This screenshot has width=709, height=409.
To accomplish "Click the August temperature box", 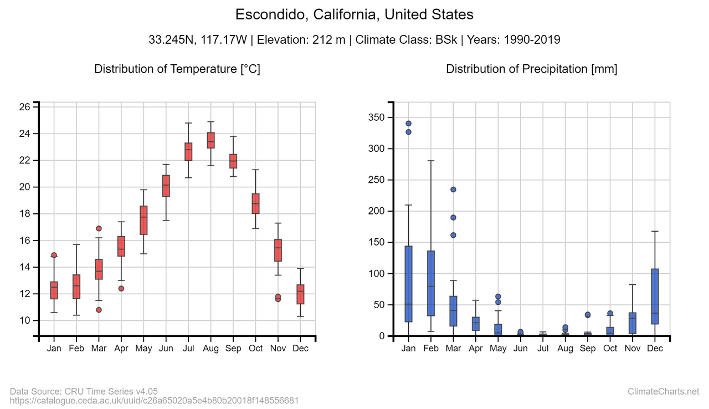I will (210, 140).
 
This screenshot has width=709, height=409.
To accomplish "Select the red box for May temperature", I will (143, 220).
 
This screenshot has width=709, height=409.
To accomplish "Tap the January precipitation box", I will (408, 284).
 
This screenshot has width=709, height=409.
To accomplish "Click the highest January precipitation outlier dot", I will (408, 124).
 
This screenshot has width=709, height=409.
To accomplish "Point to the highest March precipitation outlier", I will (453, 190).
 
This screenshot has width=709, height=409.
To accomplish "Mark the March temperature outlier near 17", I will (99, 228).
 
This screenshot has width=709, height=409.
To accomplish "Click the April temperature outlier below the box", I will (121, 288).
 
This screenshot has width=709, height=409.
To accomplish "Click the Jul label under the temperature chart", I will (188, 349).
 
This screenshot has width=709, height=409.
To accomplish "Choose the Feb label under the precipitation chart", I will (430, 349).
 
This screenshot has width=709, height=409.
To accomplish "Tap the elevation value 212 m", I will (332, 40).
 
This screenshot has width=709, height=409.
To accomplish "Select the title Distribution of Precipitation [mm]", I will (531, 69).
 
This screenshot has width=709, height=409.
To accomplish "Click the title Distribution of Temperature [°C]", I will (177, 69).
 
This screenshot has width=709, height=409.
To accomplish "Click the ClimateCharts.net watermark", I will (664, 392).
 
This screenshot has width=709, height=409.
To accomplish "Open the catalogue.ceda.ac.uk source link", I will (155, 400).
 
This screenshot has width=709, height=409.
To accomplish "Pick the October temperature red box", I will (255, 203).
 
